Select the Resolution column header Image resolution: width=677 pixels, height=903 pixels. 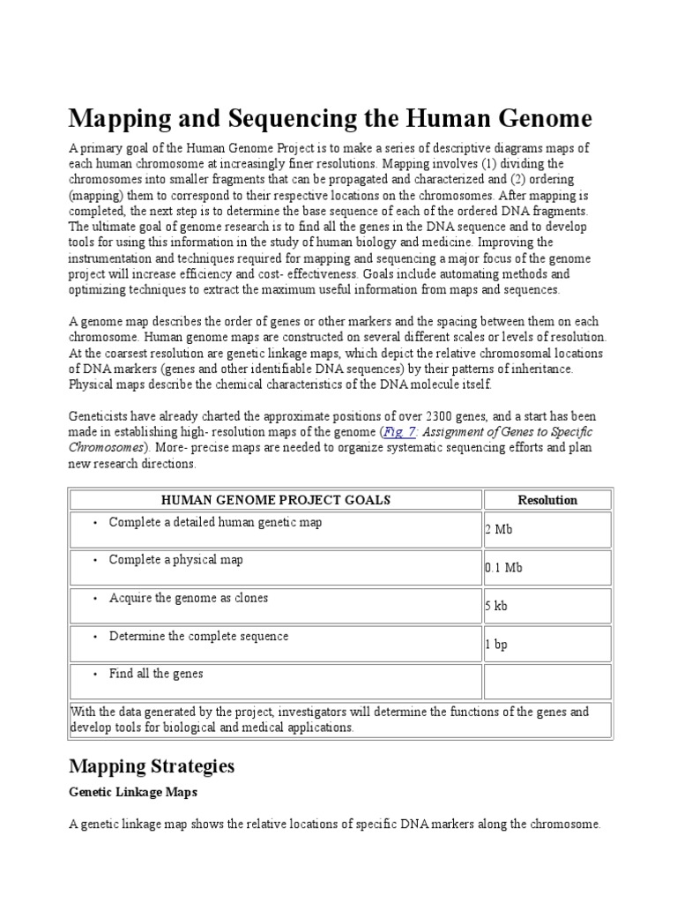547,500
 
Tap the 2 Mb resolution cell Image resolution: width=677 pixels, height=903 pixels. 498,530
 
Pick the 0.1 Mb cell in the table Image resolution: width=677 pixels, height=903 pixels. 503,568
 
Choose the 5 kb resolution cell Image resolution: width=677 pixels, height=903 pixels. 496,607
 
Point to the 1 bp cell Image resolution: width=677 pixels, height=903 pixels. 496,645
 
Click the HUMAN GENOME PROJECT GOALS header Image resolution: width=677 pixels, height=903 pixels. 276,500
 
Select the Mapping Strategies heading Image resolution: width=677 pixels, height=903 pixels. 152,765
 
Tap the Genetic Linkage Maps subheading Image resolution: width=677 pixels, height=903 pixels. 133,792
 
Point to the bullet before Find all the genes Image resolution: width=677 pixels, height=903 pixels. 96,675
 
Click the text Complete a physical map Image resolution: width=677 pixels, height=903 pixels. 176,560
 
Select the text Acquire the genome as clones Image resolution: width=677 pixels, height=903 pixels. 189,598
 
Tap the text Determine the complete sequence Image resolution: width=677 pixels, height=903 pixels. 198,636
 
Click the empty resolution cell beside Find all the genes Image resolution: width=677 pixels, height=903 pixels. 547,683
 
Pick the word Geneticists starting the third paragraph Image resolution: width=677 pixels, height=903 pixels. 100,416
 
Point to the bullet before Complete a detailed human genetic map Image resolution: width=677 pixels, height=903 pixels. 96,523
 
